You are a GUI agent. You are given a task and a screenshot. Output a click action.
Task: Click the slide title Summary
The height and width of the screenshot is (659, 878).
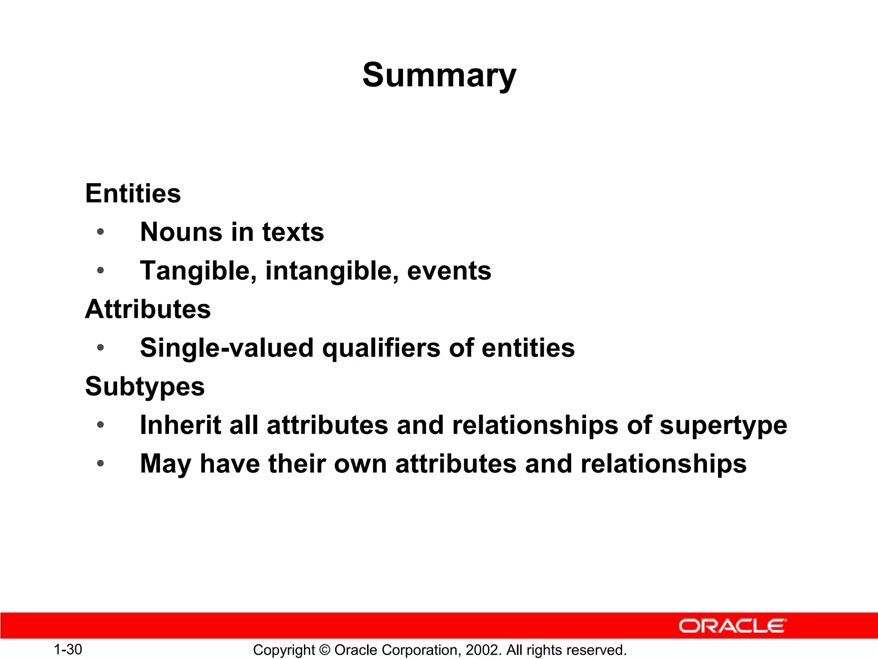439,75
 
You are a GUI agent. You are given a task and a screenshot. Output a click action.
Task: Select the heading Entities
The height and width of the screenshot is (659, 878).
133,193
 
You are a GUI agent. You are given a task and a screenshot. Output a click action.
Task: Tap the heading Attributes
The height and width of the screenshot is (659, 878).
148,309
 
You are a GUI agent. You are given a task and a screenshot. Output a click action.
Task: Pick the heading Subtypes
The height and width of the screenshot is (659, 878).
145,387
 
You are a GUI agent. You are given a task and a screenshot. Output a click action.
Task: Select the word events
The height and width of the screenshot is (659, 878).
449,271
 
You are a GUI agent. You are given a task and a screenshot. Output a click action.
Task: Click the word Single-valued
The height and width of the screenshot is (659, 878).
227,348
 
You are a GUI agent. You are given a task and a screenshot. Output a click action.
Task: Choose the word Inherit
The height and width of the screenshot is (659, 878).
180,425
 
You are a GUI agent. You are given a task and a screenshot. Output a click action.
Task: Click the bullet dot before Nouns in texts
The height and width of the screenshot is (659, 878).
100,232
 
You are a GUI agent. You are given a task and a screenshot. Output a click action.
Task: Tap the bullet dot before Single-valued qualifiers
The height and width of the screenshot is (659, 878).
100,348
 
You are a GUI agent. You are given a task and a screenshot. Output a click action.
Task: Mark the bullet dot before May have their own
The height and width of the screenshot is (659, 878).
100,464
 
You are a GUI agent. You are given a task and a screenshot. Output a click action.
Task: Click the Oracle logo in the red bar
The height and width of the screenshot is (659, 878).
732,626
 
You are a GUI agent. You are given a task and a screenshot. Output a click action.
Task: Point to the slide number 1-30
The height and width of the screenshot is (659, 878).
68,649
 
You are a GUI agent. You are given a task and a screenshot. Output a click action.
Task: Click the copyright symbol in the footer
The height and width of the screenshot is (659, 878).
325,650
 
